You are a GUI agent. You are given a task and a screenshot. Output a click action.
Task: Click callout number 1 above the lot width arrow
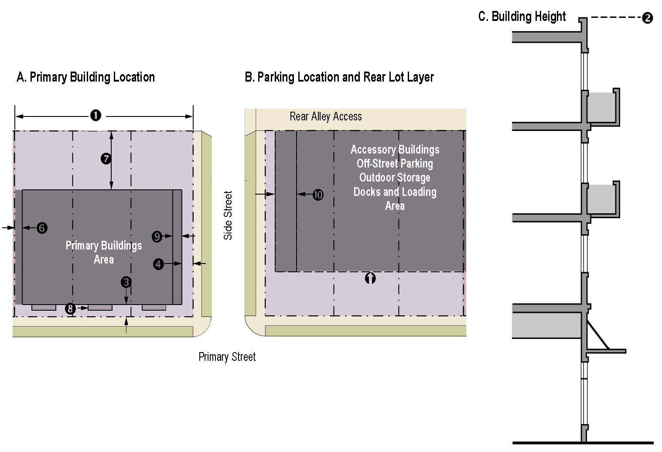[96, 115]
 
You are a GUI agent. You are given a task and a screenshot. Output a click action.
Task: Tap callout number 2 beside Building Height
[647, 18]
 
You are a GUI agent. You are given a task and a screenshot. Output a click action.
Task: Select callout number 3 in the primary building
[126, 282]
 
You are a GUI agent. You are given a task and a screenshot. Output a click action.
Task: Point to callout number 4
[158, 264]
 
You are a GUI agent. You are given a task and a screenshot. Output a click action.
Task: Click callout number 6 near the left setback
[42, 228]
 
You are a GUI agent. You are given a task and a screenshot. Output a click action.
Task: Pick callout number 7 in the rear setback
[106, 159]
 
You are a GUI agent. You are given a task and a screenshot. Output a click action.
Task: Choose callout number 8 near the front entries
[70, 308]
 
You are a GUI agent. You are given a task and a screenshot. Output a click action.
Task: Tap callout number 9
[157, 236]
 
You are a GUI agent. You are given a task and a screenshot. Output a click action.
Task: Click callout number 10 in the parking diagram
[318, 195]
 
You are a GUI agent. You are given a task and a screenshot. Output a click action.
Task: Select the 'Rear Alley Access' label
[326, 116]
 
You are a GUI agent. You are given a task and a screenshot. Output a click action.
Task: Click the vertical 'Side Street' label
[228, 215]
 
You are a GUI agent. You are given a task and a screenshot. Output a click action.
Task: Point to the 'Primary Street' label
[227, 357]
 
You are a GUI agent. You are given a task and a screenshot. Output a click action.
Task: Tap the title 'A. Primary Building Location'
[86, 77]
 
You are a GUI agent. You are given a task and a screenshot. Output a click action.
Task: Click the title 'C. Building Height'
[522, 17]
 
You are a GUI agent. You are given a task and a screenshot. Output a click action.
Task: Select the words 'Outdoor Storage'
[395, 178]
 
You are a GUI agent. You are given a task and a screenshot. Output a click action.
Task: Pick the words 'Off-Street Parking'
[395, 164]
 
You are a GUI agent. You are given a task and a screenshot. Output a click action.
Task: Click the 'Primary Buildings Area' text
[104, 253]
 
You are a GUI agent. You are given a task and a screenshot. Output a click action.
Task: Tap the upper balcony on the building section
[603, 108]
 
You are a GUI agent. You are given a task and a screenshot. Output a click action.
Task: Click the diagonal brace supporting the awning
[598, 335]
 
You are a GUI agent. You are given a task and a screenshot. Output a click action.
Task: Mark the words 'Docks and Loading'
[395, 192]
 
